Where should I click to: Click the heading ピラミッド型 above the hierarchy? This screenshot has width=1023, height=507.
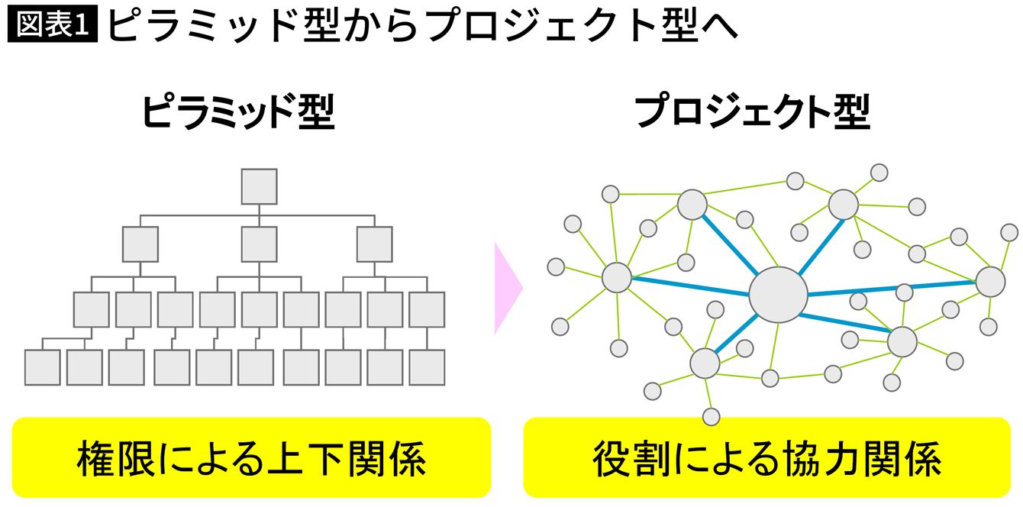point(238,113)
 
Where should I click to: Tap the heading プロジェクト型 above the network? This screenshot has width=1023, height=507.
point(753,113)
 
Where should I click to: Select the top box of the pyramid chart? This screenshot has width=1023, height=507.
point(259,186)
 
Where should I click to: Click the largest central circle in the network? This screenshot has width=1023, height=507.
point(778,294)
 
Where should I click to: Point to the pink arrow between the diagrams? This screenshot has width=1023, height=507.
point(507,289)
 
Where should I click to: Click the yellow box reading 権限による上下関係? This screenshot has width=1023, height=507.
point(251,457)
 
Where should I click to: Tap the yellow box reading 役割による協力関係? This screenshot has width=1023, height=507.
point(766,457)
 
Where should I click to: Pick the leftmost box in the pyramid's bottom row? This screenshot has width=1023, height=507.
point(42,367)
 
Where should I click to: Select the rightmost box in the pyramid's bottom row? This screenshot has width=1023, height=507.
point(427,367)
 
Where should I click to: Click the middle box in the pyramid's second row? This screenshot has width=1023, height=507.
point(259,244)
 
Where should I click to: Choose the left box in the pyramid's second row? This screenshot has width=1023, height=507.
point(140,244)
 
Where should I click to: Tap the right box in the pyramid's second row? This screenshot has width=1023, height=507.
point(374,244)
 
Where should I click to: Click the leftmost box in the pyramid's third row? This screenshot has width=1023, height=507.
point(92,309)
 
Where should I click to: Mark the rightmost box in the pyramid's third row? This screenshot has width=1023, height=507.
point(427,309)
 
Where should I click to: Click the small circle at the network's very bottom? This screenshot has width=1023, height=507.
point(711,417)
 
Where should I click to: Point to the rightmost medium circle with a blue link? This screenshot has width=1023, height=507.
point(990,282)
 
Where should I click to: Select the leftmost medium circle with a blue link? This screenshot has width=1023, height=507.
point(616,277)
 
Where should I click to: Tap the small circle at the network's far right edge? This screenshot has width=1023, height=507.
point(1009,232)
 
